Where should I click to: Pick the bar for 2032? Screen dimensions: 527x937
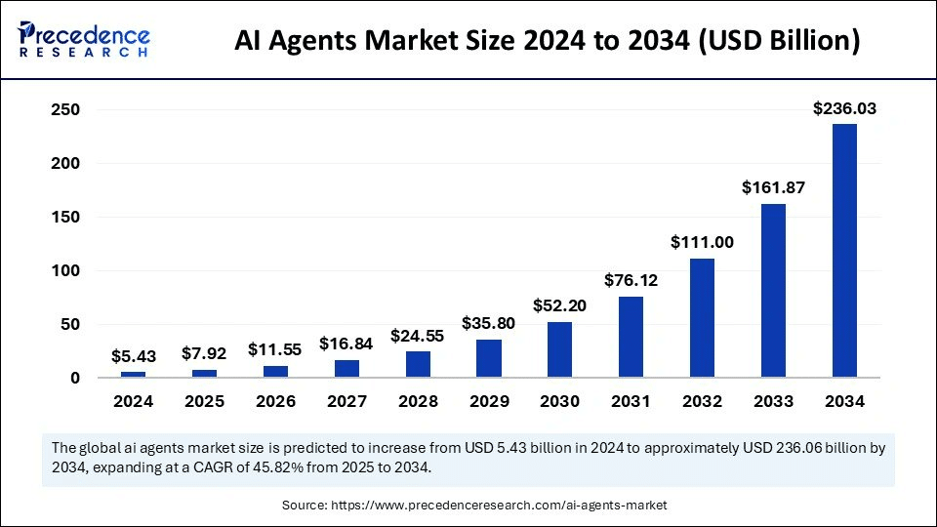(x=702, y=317)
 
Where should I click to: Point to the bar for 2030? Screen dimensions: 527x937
(x=559, y=349)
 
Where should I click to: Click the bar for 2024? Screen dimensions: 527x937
(x=133, y=374)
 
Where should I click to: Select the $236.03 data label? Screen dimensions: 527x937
(x=844, y=109)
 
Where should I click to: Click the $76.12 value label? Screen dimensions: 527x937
(x=631, y=281)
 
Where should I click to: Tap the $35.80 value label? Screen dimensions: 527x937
(x=488, y=324)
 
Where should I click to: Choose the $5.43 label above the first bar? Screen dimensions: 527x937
(x=133, y=357)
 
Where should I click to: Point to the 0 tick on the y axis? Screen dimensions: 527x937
(x=73, y=378)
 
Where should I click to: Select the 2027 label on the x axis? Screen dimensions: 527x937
(x=346, y=401)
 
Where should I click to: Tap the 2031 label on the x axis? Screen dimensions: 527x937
(x=631, y=401)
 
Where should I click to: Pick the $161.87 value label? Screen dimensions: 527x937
(x=773, y=187)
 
